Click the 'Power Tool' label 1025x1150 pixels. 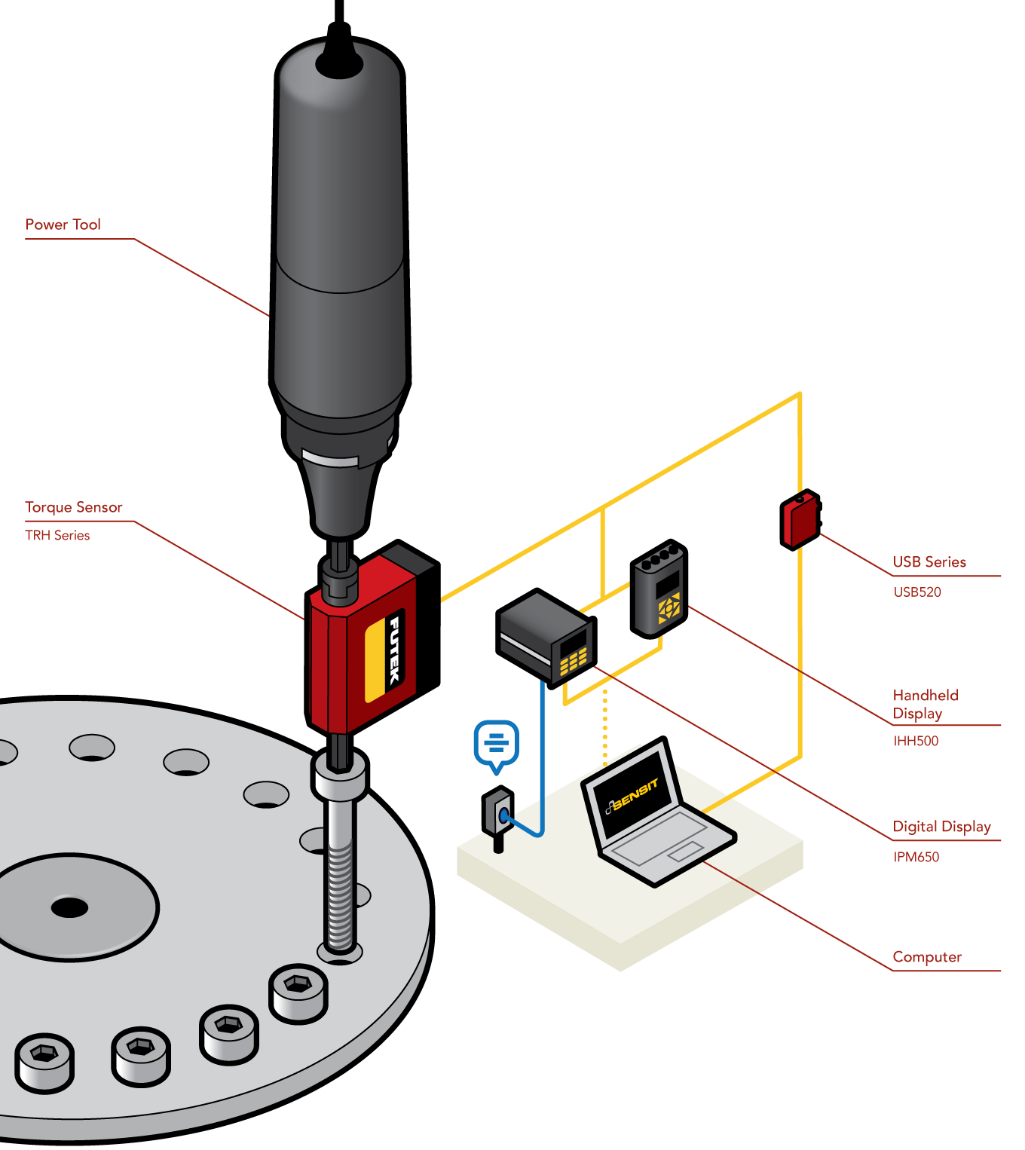tap(63, 225)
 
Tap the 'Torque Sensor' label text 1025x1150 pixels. tap(73, 507)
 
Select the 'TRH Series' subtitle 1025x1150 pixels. tap(57, 535)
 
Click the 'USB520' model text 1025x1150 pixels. tap(917, 592)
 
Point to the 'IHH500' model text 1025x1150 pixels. tap(916, 741)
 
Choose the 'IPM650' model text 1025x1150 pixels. tap(916, 857)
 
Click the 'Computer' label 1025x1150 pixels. tap(927, 957)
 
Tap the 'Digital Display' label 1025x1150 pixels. tap(941, 827)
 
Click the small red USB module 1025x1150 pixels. tap(800, 520)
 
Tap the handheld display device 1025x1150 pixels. tap(659, 589)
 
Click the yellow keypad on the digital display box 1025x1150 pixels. tap(573, 662)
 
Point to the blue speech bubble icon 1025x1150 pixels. tap(496, 745)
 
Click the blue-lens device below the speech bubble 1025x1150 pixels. tap(499, 814)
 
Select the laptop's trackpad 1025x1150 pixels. tap(684, 852)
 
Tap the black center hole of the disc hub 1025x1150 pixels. tap(69, 907)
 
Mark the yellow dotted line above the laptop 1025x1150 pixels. tap(604, 727)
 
